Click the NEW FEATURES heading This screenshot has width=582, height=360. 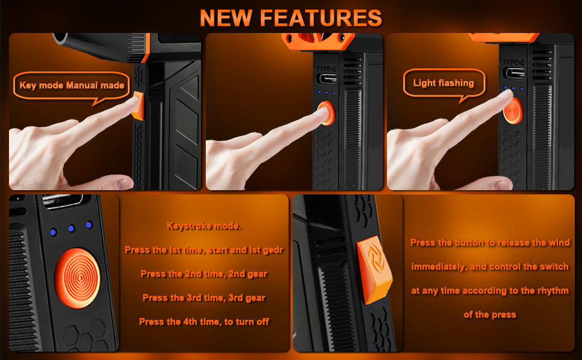(291, 18)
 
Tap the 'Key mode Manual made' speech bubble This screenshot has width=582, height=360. (71, 86)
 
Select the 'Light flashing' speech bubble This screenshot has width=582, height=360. (444, 83)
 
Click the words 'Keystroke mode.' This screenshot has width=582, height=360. (204, 226)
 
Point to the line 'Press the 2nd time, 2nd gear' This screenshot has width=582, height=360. (204, 274)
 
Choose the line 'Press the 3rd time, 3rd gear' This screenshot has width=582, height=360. (204, 298)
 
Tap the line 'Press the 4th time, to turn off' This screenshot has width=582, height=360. (204, 322)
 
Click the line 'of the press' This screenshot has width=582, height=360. (490, 315)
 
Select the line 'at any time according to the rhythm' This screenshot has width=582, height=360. (490, 290)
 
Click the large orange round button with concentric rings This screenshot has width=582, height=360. (77, 278)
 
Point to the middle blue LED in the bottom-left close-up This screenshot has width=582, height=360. (71, 229)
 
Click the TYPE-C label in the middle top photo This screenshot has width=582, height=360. (326, 69)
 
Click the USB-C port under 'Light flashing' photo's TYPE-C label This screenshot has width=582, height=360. (514, 73)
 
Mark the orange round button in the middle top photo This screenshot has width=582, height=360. (326, 113)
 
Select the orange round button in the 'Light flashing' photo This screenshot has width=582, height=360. (514, 110)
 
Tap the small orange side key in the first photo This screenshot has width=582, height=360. (138, 106)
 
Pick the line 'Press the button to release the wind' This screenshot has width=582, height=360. (490, 243)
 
